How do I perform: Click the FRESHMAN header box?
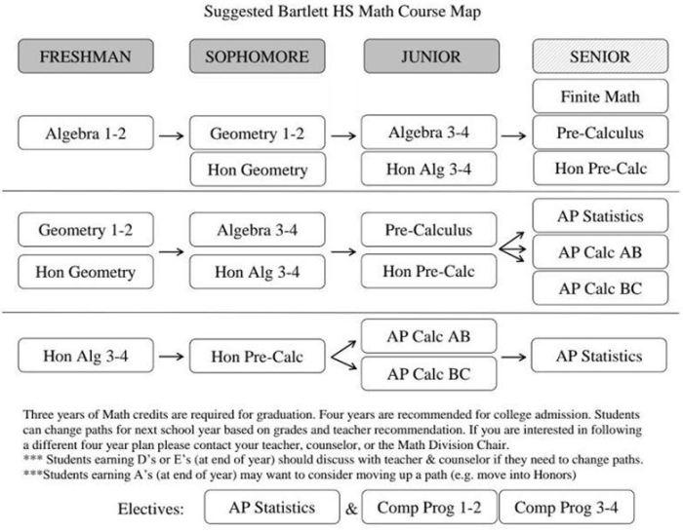[x=86, y=57]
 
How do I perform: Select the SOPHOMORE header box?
[x=257, y=57]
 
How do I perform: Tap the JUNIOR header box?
[x=431, y=57]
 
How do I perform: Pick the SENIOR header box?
[x=600, y=57]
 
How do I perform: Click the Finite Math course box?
[x=600, y=96]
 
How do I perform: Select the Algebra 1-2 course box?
[x=86, y=133]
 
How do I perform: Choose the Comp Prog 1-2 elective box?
[x=429, y=507]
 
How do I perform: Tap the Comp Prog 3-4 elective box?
[x=566, y=507]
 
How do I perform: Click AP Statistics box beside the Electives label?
[x=272, y=507]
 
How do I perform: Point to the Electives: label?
[x=150, y=509]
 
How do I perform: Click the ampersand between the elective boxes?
[x=351, y=509]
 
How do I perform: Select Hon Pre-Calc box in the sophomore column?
[x=257, y=356]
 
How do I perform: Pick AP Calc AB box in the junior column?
[x=428, y=336]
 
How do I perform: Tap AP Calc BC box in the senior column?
[x=600, y=288]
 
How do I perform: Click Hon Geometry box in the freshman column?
[x=86, y=272]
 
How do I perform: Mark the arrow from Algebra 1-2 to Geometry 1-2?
[x=171, y=135]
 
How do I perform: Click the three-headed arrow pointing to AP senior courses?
[x=512, y=247]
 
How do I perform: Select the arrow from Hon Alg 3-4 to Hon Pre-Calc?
[x=171, y=357]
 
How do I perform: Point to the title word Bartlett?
[x=303, y=12]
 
